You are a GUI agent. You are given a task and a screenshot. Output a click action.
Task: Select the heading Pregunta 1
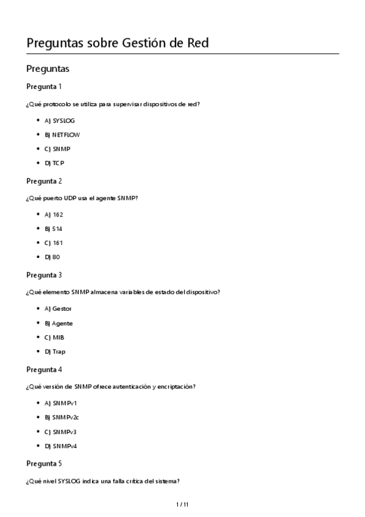pos(44,86)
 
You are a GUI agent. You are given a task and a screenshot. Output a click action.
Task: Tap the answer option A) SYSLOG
pos(60,121)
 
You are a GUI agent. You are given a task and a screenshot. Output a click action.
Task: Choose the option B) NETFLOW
pos(62,135)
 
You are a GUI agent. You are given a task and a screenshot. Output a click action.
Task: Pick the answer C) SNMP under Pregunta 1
pos(57,149)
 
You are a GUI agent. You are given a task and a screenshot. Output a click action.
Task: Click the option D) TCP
pos(55,163)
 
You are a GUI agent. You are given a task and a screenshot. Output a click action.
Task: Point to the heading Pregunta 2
pos(44,181)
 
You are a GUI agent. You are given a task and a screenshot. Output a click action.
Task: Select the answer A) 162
pos(54,215)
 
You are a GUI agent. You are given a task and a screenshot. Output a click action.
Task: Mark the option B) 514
pos(54,229)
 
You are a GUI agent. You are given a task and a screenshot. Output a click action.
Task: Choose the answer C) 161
pos(54,243)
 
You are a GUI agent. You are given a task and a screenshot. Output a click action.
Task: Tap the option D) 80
pos(52,257)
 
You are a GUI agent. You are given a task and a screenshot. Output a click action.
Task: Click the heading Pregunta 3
pos(44,275)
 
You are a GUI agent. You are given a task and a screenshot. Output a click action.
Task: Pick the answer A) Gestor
pos(58,309)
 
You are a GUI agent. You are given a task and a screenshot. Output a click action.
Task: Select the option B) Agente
pos(58,323)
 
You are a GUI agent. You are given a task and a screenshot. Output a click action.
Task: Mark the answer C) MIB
pos(54,337)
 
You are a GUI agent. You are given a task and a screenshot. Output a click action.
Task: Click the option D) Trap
pos(55,352)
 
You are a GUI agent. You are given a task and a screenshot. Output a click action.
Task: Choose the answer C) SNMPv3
pos(60,432)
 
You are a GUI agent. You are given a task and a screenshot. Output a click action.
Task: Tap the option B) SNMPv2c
pos(62,418)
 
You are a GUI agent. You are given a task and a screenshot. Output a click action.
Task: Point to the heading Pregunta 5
pos(44,463)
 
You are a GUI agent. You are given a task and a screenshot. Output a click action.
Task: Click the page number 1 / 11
pos(182,504)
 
